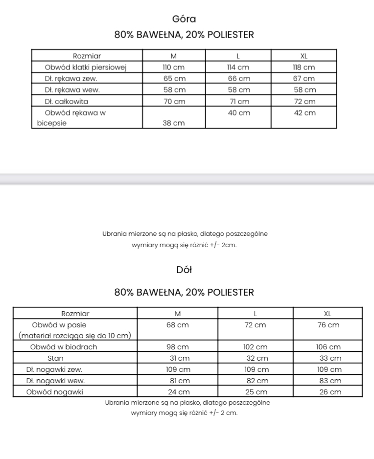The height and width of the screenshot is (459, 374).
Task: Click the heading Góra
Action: point(184,19)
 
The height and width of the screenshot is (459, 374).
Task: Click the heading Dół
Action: point(184,270)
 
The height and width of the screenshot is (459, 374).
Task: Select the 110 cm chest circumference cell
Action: point(174,67)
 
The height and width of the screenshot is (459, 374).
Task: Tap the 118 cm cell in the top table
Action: point(304,67)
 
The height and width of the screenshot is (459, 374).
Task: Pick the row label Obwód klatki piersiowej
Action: point(86,67)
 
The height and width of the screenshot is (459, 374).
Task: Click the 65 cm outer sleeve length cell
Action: point(174,78)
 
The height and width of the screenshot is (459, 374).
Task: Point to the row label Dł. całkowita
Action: point(66,101)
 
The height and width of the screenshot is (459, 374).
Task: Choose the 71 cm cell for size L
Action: point(238,101)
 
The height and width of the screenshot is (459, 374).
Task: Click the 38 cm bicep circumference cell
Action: point(174,123)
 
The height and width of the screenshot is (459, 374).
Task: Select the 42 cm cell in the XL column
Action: point(304,113)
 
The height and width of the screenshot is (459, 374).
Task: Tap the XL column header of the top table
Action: point(304,56)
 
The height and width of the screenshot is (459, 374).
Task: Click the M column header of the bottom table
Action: point(178,313)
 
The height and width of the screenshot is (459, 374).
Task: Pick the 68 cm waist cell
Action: point(178,325)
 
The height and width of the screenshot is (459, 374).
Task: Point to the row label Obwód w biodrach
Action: point(64,347)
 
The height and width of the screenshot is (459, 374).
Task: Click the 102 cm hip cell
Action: point(256,347)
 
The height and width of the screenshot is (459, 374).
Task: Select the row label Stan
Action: point(55,358)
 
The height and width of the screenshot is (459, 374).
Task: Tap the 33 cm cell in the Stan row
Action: point(327,358)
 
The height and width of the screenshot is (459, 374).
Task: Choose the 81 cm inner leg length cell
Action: point(178,381)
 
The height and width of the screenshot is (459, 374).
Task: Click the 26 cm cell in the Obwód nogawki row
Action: point(327,392)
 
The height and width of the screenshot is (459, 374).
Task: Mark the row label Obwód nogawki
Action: point(55,392)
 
